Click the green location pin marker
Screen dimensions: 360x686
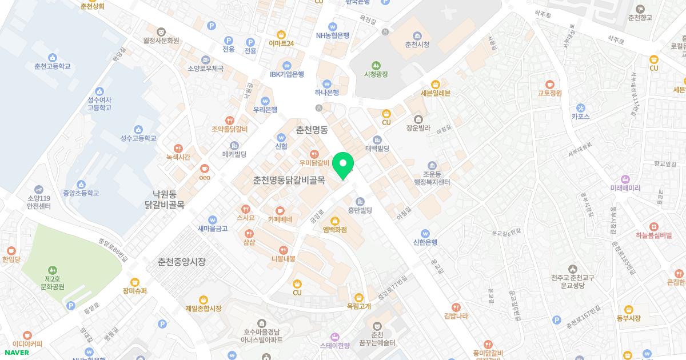click(343, 166)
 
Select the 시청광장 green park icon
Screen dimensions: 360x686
click(376, 65)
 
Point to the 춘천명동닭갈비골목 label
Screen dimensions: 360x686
click(289, 180)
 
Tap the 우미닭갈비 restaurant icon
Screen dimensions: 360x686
click(314, 153)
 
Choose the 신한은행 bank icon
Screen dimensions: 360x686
click(425, 233)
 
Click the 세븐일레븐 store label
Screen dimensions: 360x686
click(436, 93)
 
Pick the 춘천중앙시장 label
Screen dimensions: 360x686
click(181, 262)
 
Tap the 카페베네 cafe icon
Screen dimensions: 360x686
click(280, 210)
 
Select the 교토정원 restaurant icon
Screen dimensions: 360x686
click(550, 84)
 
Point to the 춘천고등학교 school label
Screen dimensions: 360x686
click(53, 66)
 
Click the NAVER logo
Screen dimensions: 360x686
click(17, 352)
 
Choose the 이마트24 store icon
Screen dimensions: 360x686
click(281, 34)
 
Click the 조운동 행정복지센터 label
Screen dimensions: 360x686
click(432, 178)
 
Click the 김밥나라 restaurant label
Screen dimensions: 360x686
click(456, 315)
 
